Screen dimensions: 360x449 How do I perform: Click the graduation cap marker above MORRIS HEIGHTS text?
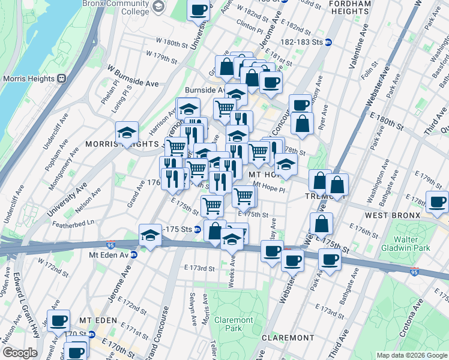click(127, 131)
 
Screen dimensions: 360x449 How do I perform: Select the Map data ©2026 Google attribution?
click(411, 355)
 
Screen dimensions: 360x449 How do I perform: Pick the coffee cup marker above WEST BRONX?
click(436, 201)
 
